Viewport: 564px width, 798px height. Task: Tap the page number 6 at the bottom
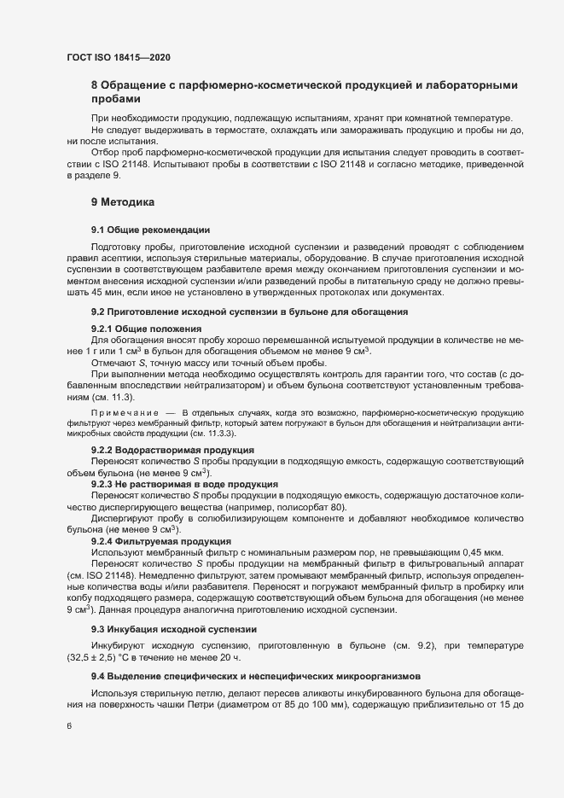[69, 728]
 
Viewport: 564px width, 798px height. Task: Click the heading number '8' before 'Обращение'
[94, 85]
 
